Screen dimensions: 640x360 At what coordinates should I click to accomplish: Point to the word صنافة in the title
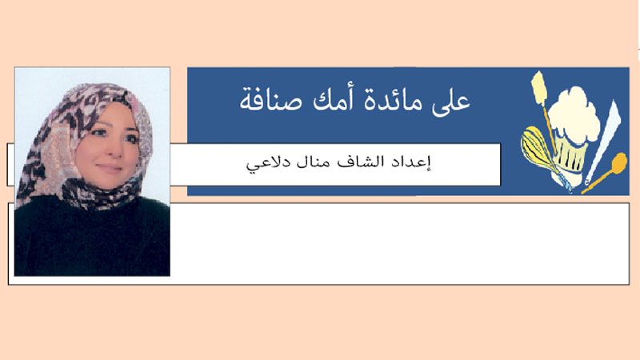pos(271,99)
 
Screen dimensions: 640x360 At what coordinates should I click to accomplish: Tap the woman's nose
pos(116,150)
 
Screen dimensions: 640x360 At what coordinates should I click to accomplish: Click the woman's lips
pos(110,167)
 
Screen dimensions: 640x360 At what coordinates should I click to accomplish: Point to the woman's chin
pos(107,182)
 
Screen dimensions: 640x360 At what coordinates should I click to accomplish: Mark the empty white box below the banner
pos(399,243)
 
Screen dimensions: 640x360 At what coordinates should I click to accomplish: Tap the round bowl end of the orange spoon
pos(618,162)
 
